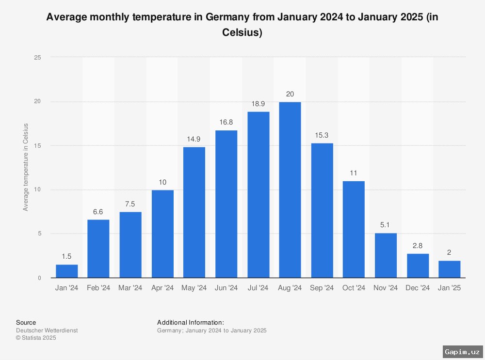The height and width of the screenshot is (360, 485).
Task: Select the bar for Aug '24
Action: [x=290, y=190]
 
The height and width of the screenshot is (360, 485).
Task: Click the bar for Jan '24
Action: [x=67, y=271]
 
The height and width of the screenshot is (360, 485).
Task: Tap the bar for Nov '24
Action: [x=386, y=255]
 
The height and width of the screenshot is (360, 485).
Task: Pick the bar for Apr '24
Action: [x=162, y=234]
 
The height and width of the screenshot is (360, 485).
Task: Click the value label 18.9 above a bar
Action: [x=258, y=104]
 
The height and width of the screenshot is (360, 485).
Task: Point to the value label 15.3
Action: [x=322, y=135]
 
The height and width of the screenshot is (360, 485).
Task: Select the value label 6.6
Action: [x=98, y=212]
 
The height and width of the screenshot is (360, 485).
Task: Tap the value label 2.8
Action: [x=418, y=246]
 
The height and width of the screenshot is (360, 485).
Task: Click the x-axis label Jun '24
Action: [x=226, y=288]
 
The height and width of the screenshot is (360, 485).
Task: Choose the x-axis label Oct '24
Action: [x=354, y=288]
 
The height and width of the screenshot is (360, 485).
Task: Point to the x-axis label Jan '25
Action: [x=450, y=288]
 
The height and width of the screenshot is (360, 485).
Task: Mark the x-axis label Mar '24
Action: [x=130, y=288]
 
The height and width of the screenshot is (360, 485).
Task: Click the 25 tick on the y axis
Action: [x=38, y=58]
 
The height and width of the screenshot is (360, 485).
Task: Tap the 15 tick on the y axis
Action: [x=38, y=146]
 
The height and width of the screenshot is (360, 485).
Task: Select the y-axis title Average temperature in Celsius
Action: [x=26, y=167]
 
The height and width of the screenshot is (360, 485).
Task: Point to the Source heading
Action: [x=26, y=323]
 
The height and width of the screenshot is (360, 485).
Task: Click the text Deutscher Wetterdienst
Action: [x=47, y=330]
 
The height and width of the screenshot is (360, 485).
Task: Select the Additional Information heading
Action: [x=191, y=323]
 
